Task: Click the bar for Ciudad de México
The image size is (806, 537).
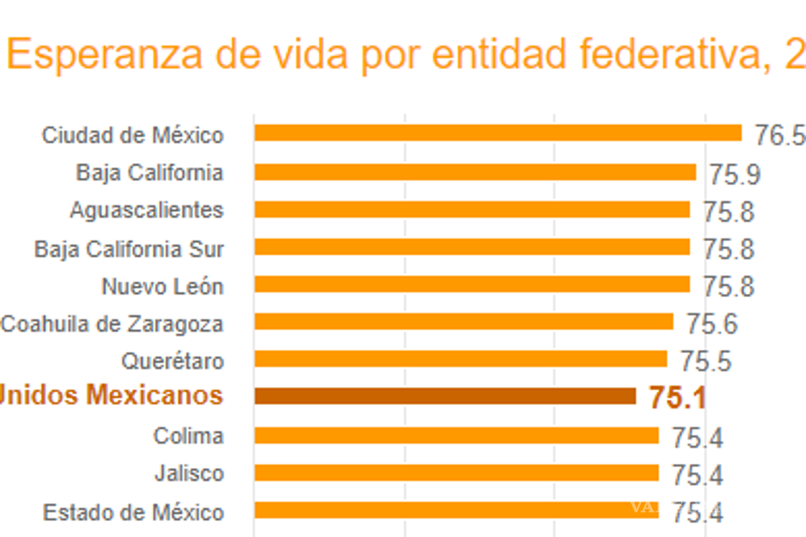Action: (x=497, y=133)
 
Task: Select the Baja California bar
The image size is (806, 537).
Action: (x=475, y=173)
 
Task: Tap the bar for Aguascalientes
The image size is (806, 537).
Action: (x=472, y=209)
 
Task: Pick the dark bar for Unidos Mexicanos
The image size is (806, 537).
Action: (x=445, y=396)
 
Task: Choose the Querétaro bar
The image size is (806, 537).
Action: (x=460, y=358)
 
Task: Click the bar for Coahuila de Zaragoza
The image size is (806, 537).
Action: (x=463, y=322)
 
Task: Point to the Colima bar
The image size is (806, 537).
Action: (x=456, y=436)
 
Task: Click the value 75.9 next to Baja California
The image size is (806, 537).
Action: (x=735, y=175)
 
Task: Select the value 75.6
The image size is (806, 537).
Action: (x=712, y=325)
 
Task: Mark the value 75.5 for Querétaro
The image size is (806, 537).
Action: (x=705, y=362)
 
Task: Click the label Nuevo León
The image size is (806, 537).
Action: (x=163, y=287)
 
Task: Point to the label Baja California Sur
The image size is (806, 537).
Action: (x=129, y=250)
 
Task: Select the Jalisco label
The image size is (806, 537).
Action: (x=189, y=474)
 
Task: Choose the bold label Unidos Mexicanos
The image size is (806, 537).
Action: (x=111, y=395)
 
